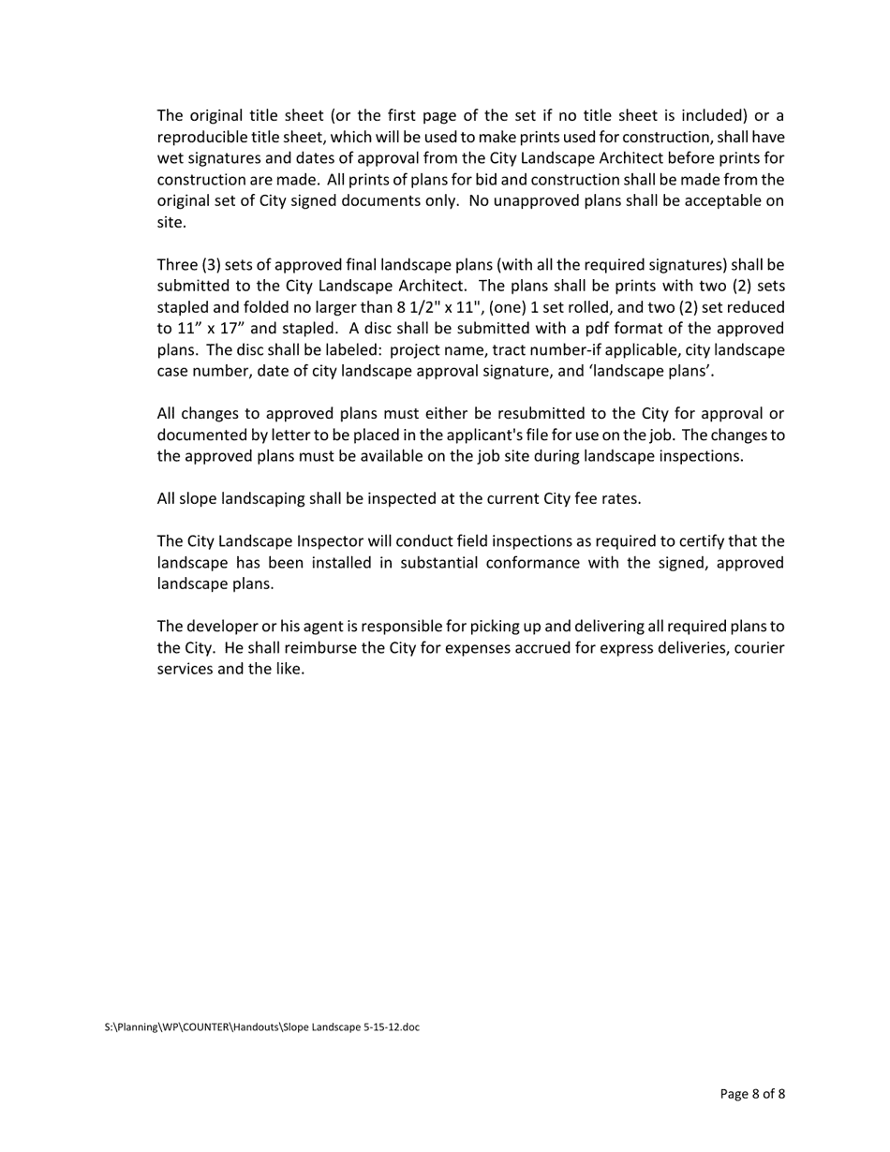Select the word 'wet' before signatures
click(170, 158)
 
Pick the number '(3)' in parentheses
click(212, 265)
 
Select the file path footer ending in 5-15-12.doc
click(262, 1027)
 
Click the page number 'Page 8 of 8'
click(752, 1094)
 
